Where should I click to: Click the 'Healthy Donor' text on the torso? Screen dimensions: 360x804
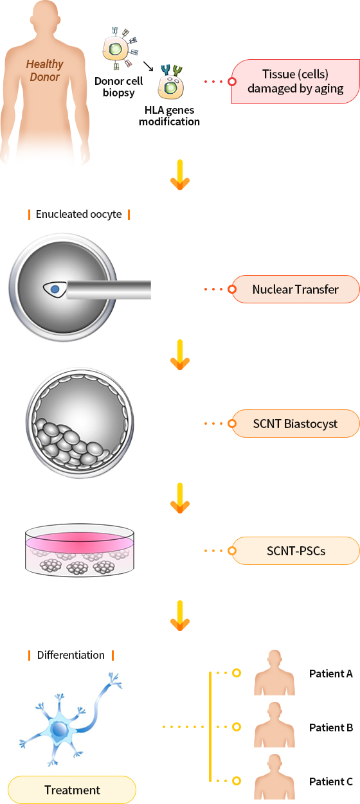(44, 70)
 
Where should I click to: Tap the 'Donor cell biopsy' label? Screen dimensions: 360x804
(118, 87)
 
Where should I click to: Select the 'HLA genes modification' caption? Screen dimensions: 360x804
(169, 116)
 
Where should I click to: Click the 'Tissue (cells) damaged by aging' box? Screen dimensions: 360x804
(296, 82)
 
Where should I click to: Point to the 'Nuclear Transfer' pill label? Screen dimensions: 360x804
(296, 289)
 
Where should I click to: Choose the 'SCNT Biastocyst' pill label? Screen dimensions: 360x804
(296, 424)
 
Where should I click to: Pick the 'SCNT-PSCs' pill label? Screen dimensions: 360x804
(296, 551)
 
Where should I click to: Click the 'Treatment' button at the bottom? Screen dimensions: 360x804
(72, 790)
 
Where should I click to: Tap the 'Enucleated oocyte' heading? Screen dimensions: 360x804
(78, 214)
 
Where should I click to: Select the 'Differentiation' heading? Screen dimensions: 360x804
(71, 655)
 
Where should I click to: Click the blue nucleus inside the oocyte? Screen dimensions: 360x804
(55, 289)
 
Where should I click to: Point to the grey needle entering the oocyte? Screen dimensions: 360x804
(109, 290)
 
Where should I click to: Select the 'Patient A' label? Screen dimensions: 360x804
(330, 674)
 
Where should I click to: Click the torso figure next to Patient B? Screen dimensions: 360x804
(274, 724)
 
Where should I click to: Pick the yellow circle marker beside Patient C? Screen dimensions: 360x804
(236, 781)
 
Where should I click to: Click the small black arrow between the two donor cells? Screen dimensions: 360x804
(148, 66)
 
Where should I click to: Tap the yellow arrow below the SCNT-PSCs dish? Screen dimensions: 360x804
(180, 616)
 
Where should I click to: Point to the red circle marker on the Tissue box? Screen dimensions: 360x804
(232, 82)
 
